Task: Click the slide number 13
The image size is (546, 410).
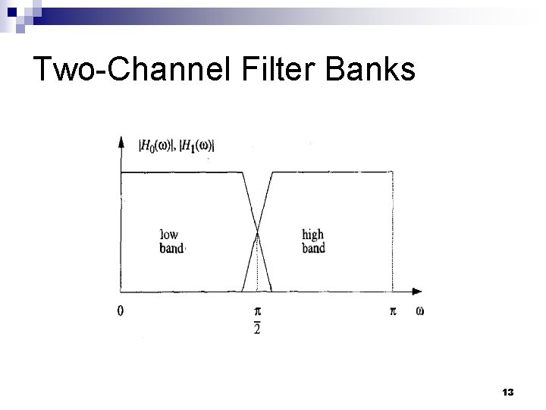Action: (508, 392)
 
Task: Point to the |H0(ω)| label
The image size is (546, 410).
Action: (155, 146)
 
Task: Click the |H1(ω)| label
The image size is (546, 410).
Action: (196, 146)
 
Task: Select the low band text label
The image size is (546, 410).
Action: (171, 241)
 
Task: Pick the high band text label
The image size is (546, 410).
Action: (312, 241)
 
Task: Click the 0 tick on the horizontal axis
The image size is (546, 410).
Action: (121, 311)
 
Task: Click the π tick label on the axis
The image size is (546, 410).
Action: (392, 311)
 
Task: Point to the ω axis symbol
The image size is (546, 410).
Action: (419, 311)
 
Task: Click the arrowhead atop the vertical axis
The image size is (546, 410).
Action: (121, 142)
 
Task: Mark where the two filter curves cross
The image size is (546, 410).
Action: (257, 232)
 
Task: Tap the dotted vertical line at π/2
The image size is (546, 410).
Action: (257, 266)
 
